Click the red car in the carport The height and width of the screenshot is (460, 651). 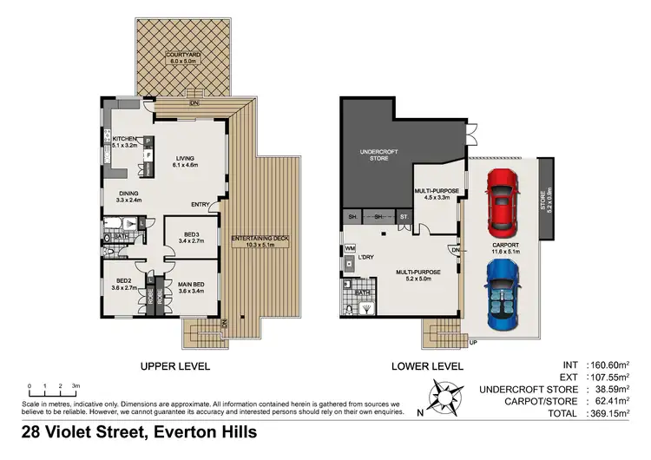tap(502, 202)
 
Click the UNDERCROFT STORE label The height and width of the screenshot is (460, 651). tap(375, 155)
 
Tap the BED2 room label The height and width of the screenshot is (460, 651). tap(117, 281)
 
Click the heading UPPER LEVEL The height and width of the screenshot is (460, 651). tap(176, 367)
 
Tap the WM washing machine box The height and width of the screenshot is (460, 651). tap(349, 248)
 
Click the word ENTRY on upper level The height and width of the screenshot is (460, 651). tap(201, 205)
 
